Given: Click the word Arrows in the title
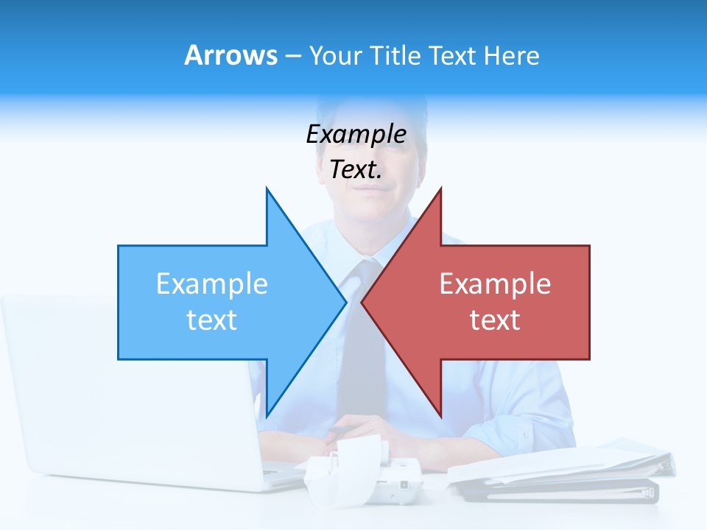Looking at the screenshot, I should coord(231,55).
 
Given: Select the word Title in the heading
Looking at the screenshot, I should coord(395,55).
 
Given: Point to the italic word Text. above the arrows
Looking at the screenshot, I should coord(356,170).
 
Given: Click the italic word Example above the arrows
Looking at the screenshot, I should coord(356,135).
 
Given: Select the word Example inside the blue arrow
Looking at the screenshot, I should coord(211,283).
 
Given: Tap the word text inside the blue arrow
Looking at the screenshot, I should coord(211,319).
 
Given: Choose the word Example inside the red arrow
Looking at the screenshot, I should coord(495,283).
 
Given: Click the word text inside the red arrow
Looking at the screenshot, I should coord(495,319).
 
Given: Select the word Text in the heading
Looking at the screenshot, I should coord(453,55).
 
